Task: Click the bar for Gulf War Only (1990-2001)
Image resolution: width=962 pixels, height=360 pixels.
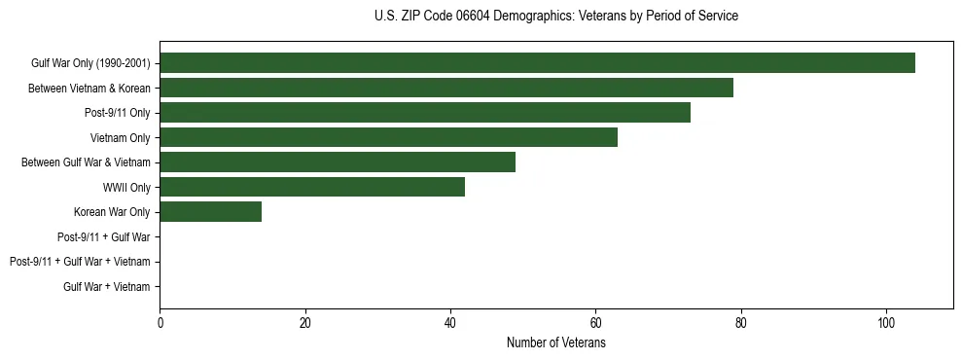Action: [537, 63]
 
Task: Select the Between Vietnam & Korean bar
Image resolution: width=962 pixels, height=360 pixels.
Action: [446, 89]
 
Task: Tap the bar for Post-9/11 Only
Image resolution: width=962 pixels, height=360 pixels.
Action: [425, 113]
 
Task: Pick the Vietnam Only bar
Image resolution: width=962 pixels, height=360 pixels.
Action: [388, 138]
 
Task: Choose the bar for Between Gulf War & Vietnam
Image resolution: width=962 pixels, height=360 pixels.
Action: [338, 162]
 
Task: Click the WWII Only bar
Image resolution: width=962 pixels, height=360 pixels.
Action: [312, 187]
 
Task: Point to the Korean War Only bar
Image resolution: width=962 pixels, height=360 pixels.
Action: [210, 212]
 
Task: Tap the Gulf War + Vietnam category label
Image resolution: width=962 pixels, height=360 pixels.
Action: [107, 287]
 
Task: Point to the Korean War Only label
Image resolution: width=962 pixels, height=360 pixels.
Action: [112, 212]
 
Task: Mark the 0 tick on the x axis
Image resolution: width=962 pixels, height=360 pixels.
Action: [160, 323]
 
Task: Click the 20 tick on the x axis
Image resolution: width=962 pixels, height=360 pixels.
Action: [305, 323]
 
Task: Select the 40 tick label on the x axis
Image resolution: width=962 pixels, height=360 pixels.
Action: [450, 323]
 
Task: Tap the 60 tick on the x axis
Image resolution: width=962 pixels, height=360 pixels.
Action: [595, 323]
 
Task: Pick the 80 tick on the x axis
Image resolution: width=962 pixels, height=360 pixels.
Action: [741, 323]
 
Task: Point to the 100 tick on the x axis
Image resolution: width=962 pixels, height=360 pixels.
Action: [886, 323]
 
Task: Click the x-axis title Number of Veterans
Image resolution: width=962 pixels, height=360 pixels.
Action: [555, 343]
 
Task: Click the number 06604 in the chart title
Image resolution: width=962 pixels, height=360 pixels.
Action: [476, 17]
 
